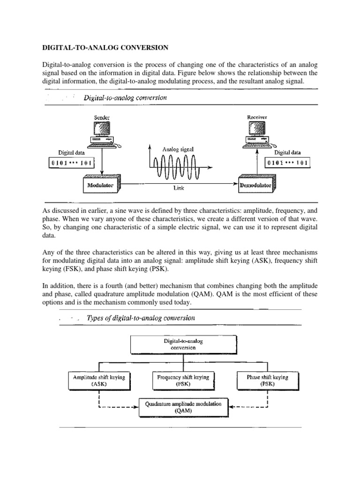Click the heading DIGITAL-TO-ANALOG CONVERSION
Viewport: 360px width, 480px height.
coord(105,48)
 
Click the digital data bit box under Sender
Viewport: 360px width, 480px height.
coord(71,163)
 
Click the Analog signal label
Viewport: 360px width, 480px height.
coord(177,149)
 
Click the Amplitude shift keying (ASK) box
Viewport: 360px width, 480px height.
coord(99,381)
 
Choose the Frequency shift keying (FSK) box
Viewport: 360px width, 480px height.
coord(183,381)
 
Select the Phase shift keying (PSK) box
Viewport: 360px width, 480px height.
coord(267,381)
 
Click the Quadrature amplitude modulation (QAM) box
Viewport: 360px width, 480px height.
coord(183,406)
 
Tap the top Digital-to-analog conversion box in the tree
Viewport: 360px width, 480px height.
coord(183,345)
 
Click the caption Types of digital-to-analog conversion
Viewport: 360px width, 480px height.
coord(141,318)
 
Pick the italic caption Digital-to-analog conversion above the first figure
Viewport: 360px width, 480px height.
coord(125,98)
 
